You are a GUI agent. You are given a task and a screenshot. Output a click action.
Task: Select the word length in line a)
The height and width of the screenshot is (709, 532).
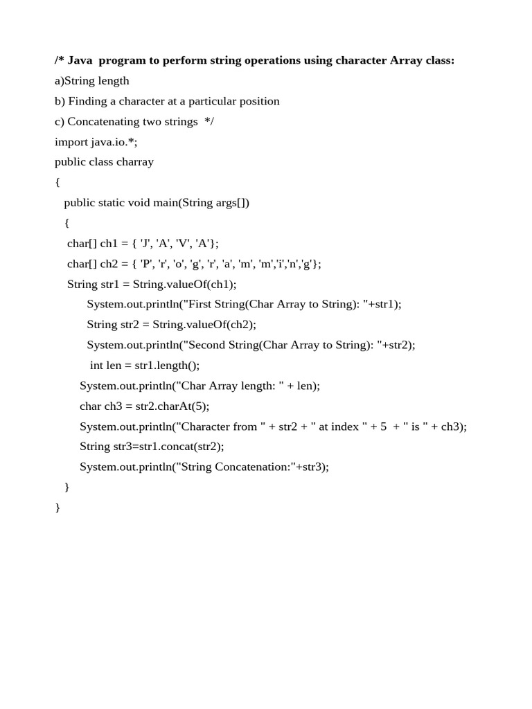pos(113,81)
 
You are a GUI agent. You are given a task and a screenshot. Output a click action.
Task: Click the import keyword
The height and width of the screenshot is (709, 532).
pos(71,142)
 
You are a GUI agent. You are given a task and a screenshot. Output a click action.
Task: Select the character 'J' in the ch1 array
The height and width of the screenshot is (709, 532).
pos(144,244)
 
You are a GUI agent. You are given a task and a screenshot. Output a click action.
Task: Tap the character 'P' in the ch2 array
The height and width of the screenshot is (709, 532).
pos(145,264)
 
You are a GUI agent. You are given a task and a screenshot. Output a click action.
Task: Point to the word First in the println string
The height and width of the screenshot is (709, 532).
pos(204,305)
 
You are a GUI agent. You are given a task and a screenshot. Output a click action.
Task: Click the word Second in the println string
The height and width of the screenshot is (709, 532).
pos(210,345)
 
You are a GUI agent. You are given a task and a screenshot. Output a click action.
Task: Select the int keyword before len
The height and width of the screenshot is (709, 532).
pos(96,366)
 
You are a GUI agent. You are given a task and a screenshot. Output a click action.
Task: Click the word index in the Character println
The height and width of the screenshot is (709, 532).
pos(345,427)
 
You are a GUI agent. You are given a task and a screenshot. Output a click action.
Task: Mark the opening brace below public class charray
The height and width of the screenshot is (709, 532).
pos(57,183)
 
